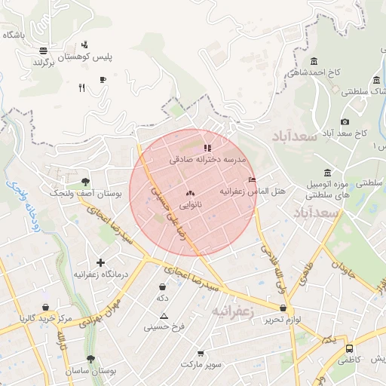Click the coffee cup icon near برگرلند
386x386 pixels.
(x=103, y=78)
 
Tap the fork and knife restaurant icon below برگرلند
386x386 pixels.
(x=81, y=87)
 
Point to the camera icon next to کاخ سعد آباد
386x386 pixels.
(x=345, y=121)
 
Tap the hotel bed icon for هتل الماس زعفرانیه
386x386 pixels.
(x=252, y=179)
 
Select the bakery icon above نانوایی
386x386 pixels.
(x=189, y=194)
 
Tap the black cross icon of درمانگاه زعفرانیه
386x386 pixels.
(x=100, y=262)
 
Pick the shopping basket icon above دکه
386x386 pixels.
(x=162, y=287)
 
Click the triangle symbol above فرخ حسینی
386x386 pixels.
(x=164, y=316)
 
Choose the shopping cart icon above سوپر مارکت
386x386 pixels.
(x=201, y=353)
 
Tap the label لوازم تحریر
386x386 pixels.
(x=282, y=320)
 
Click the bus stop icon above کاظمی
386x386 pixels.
(x=349, y=348)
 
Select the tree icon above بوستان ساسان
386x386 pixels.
(x=90, y=360)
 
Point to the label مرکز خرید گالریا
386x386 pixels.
(x=47, y=319)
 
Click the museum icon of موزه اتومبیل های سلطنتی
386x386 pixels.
(x=327, y=172)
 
